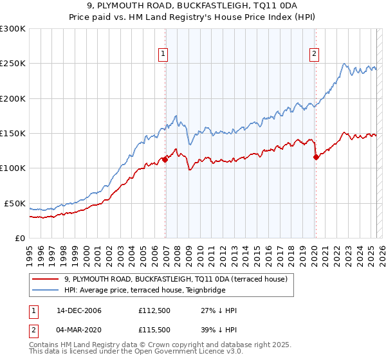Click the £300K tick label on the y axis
click(x=13, y=29)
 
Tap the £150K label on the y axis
click(x=13, y=134)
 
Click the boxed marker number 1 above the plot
click(x=164, y=55)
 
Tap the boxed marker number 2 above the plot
click(x=315, y=55)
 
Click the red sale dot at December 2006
click(x=165, y=159)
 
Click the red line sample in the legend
click(x=44, y=279)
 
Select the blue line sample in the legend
click(x=44, y=290)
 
